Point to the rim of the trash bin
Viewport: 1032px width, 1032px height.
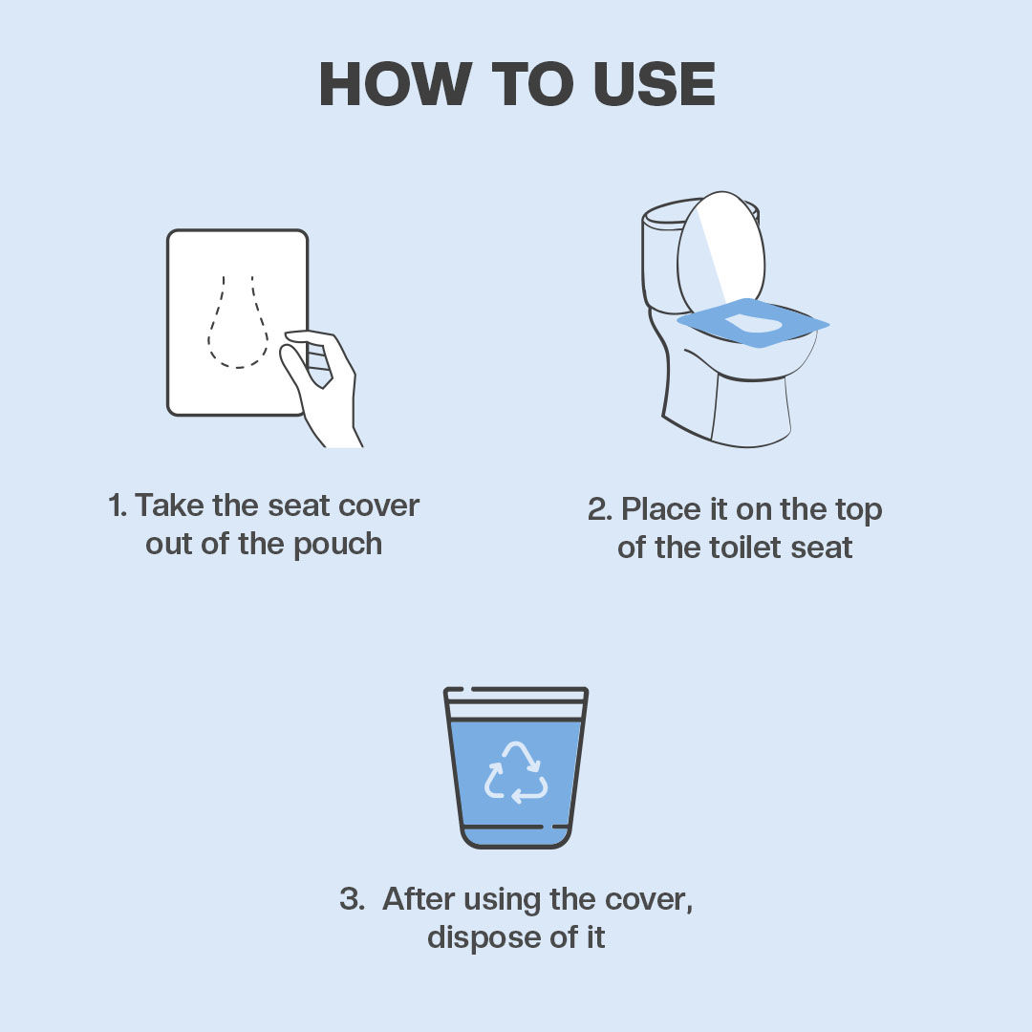(516, 690)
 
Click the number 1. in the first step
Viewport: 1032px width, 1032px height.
(118, 505)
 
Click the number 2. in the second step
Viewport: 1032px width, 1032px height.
(600, 509)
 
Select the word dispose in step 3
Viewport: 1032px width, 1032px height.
(474, 937)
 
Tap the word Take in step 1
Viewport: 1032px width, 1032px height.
(168, 505)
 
